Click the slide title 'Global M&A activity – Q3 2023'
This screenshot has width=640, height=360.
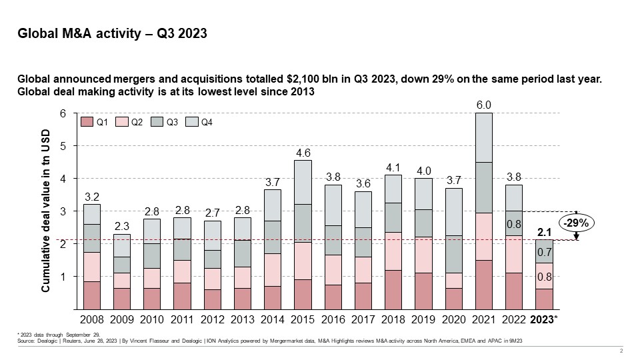coord(112,35)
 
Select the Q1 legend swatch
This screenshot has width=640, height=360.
coord(88,122)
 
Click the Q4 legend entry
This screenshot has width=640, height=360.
coord(207,122)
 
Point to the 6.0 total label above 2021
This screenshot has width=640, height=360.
coord(483,104)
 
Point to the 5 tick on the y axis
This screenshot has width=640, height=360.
coord(63,146)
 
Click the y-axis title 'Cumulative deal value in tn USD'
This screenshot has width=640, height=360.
coord(47,211)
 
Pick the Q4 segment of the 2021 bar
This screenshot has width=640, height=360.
coord(483,137)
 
